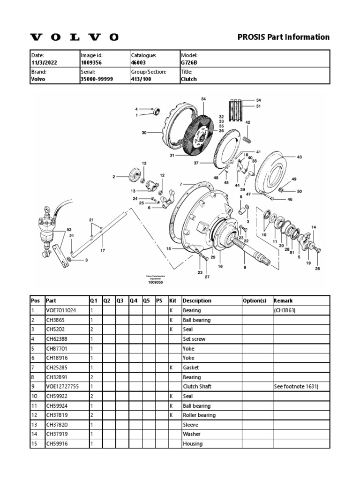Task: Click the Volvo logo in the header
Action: click(x=75, y=37)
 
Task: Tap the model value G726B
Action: click(x=189, y=62)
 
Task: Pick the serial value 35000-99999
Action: click(x=97, y=79)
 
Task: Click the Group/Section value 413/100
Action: click(x=140, y=79)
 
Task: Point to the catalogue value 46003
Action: click(x=139, y=62)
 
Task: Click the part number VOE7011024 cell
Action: click(x=61, y=310)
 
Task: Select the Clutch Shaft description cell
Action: click(x=197, y=387)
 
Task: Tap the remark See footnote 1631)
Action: click(x=296, y=387)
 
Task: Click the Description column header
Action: click(x=197, y=300)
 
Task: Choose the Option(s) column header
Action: click(x=255, y=300)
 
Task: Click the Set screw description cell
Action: click(x=194, y=339)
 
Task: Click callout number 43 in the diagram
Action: click(x=300, y=157)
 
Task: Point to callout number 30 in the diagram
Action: click(x=144, y=133)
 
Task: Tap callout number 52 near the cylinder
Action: click(x=69, y=229)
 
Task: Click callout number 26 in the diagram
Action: click(x=317, y=269)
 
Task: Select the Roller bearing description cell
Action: click(x=199, y=415)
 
